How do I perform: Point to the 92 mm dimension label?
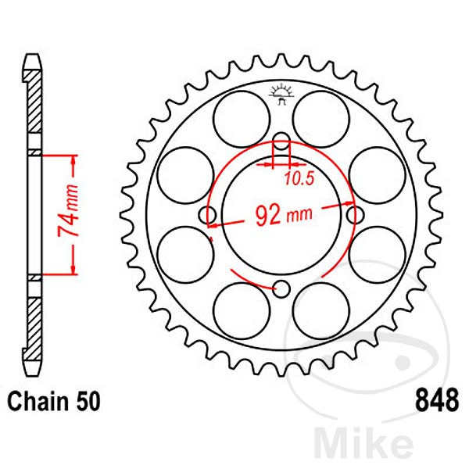[281, 215]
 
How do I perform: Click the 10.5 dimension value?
[298, 179]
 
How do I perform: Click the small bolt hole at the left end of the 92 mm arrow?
[209, 215]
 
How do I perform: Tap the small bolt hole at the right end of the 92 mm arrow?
[354, 215]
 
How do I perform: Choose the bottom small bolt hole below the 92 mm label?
[282, 289]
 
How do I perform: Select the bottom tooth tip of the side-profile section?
[32, 369]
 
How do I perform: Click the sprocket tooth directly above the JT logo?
[281, 66]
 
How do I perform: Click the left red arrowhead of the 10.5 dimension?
[270, 165]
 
